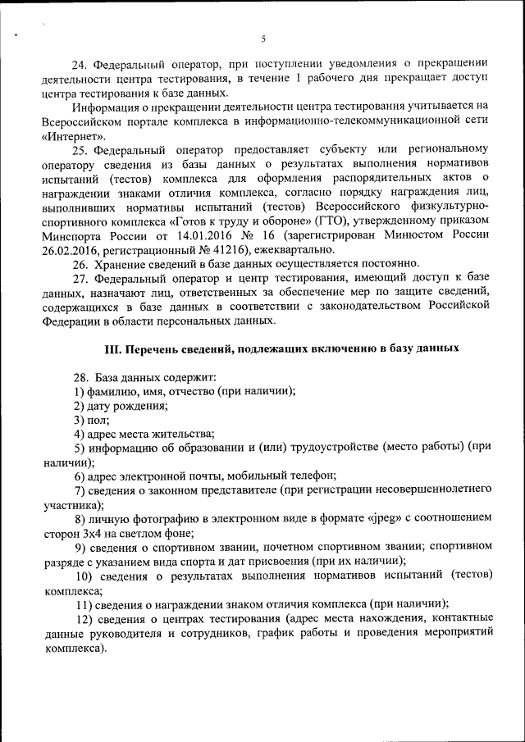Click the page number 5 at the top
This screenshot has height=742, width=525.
point(263,39)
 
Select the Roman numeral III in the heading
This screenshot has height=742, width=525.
point(113,348)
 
